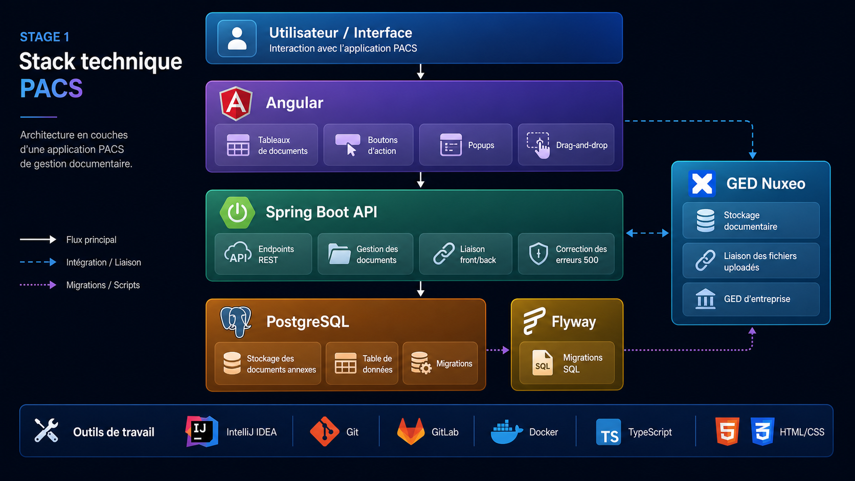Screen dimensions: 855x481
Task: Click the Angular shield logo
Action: click(236, 103)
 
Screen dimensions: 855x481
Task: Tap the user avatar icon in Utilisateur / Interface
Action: click(237, 38)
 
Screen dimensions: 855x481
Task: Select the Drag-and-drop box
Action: click(566, 145)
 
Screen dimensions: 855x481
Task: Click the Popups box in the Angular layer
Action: click(466, 145)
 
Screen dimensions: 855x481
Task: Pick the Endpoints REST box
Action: click(263, 254)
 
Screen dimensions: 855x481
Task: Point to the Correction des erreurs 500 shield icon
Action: click(538, 254)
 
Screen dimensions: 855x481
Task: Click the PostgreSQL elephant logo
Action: click(236, 322)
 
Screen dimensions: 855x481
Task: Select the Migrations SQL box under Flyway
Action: click(567, 363)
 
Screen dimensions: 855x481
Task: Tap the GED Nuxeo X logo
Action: click(702, 184)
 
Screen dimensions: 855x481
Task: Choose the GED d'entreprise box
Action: click(751, 299)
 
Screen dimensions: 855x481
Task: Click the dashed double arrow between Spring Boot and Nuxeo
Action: click(647, 233)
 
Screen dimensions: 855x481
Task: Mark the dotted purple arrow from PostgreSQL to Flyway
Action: click(498, 350)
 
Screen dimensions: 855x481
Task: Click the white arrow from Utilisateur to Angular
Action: click(420, 72)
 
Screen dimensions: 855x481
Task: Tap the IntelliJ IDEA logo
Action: click(201, 431)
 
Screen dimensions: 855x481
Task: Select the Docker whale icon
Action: click(507, 432)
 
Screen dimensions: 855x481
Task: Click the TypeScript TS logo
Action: click(609, 432)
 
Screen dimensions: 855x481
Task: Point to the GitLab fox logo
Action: click(411, 431)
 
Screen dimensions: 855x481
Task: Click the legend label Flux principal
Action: click(91, 240)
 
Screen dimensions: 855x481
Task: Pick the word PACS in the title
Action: click(51, 88)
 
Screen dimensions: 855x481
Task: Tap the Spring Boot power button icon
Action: click(237, 213)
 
